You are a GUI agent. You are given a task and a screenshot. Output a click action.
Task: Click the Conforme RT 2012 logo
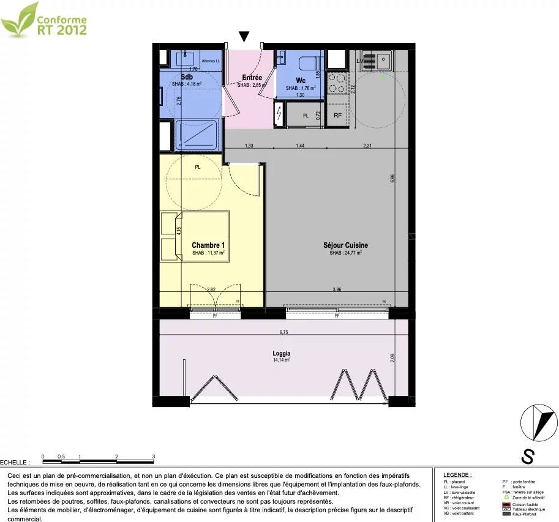point(44,19)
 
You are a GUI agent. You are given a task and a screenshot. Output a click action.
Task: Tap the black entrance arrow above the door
point(244,37)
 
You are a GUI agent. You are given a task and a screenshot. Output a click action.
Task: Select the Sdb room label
point(187,77)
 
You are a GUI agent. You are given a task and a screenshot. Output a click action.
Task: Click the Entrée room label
point(252,78)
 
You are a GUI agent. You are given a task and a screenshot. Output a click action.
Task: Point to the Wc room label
point(301,80)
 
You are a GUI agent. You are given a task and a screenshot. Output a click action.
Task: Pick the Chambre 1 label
point(208,245)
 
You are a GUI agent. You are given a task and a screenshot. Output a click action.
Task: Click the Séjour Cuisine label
point(345,245)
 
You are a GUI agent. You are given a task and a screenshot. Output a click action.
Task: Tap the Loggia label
point(282,353)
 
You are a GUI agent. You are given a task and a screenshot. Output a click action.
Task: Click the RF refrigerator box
point(337,115)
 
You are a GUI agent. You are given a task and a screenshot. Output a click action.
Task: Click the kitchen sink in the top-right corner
point(376,61)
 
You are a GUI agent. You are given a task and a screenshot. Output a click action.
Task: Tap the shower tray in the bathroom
point(197,135)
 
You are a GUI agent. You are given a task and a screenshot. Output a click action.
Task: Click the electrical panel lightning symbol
point(279,114)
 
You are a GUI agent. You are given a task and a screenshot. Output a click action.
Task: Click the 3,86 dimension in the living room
point(337,289)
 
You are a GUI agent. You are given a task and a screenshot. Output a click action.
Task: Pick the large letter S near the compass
point(527,456)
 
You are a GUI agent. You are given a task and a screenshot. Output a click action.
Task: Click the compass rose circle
point(538,424)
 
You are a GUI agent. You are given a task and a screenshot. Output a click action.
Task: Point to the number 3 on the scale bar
point(153,457)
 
